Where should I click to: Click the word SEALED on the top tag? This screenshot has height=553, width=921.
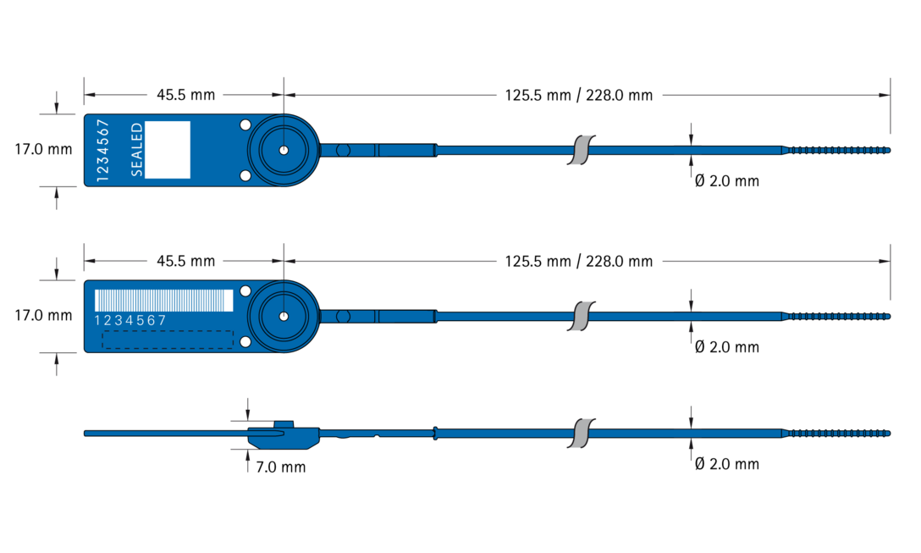(x=136, y=150)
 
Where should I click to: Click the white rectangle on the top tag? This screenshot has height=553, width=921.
(x=168, y=150)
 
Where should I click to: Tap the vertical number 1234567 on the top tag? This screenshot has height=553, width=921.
(x=102, y=151)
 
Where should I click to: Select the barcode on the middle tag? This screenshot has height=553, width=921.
(x=164, y=301)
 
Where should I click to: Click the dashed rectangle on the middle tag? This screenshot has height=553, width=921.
(x=168, y=340)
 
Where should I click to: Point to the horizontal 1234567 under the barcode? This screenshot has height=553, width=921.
(x=130, y=320)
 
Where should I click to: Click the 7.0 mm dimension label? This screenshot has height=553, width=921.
(x=281, y=467)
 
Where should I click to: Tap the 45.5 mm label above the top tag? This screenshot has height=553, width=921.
(x=185, y=95)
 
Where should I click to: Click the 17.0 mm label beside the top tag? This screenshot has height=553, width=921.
(x=43, y=149)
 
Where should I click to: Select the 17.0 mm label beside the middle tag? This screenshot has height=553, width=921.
(x=43, y=316)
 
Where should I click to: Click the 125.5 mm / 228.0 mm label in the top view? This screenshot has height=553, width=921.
(x=578, y=95)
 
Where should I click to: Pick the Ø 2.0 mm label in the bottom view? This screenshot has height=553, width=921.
(x=727, y=464)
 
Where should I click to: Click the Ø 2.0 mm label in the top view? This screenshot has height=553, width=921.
(x=727, y=181)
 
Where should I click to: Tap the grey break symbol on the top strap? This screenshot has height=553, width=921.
(x=581, y=150)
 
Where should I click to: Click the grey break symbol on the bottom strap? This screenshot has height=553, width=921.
(x=581, y=433)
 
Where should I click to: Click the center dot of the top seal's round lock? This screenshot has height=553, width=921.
(x=284, y=150)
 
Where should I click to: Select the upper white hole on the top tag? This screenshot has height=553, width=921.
(x=245, y=124)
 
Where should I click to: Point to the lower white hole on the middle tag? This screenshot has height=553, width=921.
(x=245, y=341)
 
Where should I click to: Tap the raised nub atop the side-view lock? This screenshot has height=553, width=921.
(x=284, y=423)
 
